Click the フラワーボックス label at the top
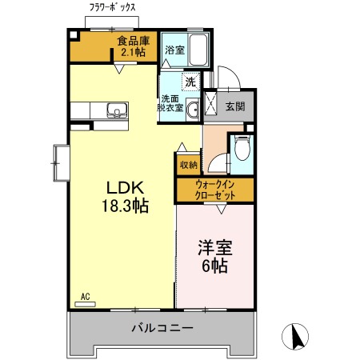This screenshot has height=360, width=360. click(x=112, y=7)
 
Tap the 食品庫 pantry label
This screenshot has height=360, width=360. click(x=134, y=41)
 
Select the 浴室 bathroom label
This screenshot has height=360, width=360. click(x=174, y=50)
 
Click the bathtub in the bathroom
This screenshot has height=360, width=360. click(x=198, y=50)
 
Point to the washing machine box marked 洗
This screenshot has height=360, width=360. click(x=190, y=82)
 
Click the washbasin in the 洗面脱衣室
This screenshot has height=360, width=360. click(x=193, y=110)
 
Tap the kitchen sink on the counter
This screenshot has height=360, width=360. click(x=118, y=110)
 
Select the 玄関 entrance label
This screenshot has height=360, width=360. click(x=235, y=106)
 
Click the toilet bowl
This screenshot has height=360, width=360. click(x=242, y=148)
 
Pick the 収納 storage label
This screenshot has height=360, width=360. click(x=189, y=165)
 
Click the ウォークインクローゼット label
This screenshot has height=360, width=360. click(x=215, y=190)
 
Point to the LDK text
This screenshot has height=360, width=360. click(x=126, y=187)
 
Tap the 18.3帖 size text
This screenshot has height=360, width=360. click(x=126, y=206)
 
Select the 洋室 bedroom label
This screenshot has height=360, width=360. click(x=215, y=248)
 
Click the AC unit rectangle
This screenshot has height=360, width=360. click(x=85, y=304)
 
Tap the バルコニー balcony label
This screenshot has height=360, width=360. click(x=162, y=328)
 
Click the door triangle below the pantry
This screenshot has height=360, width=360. click(x=119, y=69)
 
